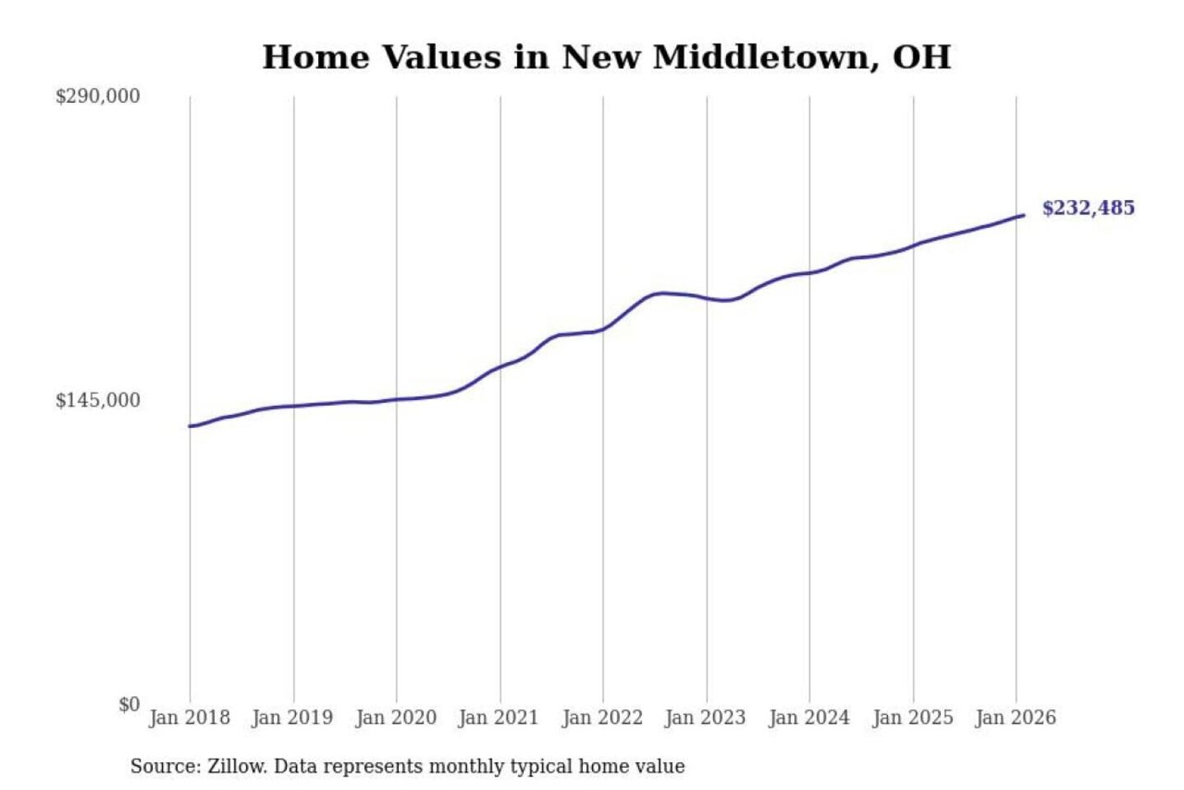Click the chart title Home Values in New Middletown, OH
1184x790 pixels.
tap(606, 58)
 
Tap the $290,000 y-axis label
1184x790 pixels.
tap(98, 96)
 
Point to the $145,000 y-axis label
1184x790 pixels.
tap(98, 401)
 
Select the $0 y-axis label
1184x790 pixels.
tap(129, 704)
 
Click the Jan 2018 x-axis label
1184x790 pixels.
tap(189, 718)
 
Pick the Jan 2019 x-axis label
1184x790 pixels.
tap(292, 718)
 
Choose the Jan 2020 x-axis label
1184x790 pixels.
tap(395, 718)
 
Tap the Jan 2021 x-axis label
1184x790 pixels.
tap(498, 718)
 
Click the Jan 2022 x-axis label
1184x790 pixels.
tap(602, 718)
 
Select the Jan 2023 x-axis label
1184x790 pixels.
tap(705, 718)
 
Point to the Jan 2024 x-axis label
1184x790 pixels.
tap(808, 718)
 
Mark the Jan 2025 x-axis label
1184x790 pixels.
tap(912, 718)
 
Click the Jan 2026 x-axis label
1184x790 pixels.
tap(1015, 718)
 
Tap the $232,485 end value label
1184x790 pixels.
tap(1088, 208)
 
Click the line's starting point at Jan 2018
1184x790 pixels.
tap(190, 426)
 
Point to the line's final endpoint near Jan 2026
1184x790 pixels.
tap(1023, 216)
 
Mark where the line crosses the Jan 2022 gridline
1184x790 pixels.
tap(603, 329)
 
